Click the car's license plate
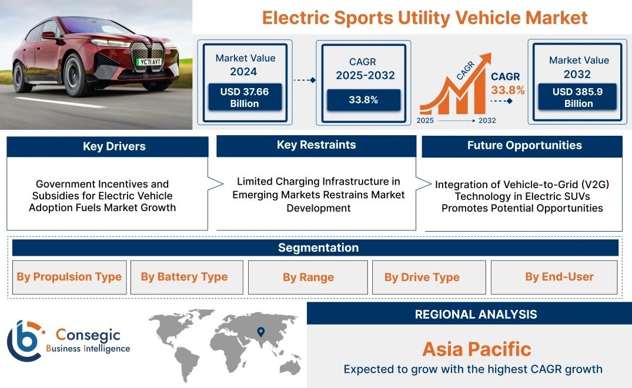pos(151,62)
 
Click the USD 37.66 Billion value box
pos(245,97)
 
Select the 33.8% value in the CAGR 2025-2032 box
pos(363,100)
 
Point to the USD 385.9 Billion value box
pos(577,97)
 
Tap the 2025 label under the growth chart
pos(425,121)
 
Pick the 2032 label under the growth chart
pos(487,121)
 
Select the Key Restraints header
pos(316,145)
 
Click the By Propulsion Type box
pos(69,277)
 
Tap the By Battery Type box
pos(186,277)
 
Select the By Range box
pos(308,277)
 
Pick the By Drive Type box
pos(429,277)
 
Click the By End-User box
pos(554,277)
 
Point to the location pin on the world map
pos(261,332)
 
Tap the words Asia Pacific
pos(477,349)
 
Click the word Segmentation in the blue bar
pos(319,247)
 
